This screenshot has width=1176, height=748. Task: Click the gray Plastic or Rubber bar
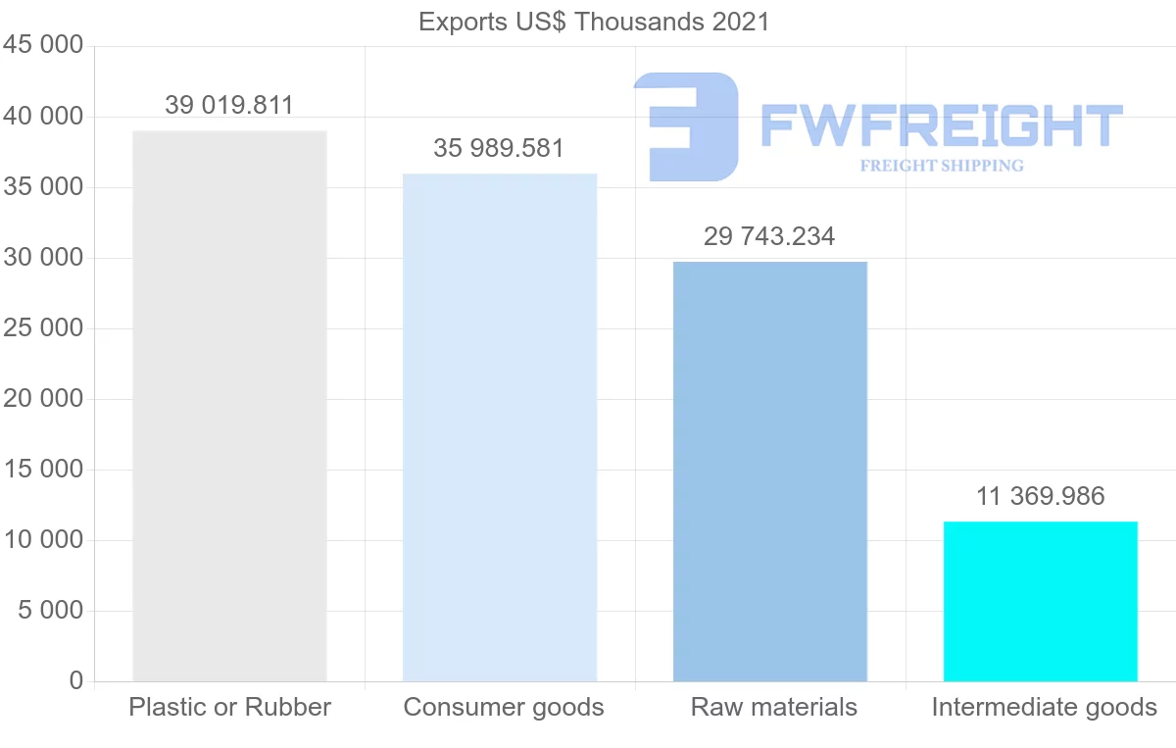pyautogui.click(x=229, y=406)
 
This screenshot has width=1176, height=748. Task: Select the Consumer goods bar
pyautogui.click(x=500, y=427)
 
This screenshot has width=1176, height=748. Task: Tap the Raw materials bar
pyautogui.click(x=770, y=472)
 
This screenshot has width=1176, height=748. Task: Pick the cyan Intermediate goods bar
pyautogui.click(x=1040, y=601)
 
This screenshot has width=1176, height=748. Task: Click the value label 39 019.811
pyautogui.click(x=229, y=106)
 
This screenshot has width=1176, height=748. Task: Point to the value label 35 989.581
pyautogui.click(x=499, y=149)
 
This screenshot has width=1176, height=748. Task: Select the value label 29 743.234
pyautogui.click(x=769, y=236)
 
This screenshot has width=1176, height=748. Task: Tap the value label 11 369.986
pyautogui.click(x=1040, y=496)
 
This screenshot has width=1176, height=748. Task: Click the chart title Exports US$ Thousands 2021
pyautogui.click(x=594, y=22)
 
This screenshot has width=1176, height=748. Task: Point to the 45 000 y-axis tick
pyautogui.click(x=42, y=46)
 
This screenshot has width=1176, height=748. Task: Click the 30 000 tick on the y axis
pyautogui.click(x=42, y=258)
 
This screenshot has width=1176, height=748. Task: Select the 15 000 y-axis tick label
pyautogui.click(x=42, y=470)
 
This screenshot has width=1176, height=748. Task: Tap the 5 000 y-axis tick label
pyautogui.click(x=48, y=611)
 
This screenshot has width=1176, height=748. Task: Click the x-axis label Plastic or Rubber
pyautogui.click(x=230, y=707)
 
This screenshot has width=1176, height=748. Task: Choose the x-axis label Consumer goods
pyautogui.click(x=504, y=707)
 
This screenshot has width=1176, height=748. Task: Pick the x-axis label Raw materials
pyautogui.click(x=774, y=707)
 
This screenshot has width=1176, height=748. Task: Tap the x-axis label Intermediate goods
pyautogui.click(x=1045, y=707)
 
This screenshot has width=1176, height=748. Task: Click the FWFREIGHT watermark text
pyautogui.click(x=941, y=126)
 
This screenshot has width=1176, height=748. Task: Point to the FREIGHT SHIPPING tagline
pyautogui.click(x=942, y=166)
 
